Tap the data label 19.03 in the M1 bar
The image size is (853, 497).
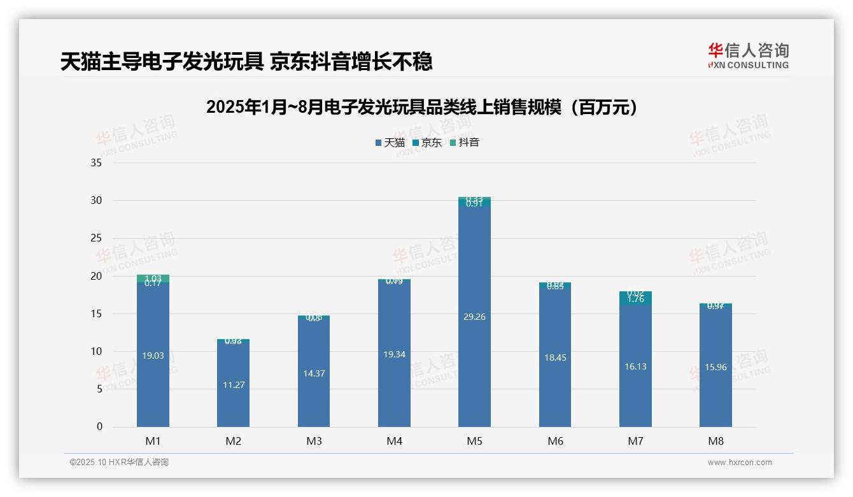point(153,356)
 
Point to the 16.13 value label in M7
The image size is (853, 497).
point(635,366)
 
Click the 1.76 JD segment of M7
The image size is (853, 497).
point(635,299)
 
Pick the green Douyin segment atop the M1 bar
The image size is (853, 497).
point(153,278)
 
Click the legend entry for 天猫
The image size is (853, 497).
point(390,143)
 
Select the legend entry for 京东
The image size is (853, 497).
point(427,143)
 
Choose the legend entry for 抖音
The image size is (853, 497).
point(464,143)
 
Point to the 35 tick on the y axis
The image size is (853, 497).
point(96,162)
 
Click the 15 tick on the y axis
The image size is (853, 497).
point(96,313)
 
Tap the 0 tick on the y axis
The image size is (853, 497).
point(99,427)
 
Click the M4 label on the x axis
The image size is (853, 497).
point(394,441)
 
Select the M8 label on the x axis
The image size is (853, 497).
point(716,441)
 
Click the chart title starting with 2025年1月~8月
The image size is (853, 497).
point(421,107)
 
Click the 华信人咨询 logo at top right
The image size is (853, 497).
point(748,55)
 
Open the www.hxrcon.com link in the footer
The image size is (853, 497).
point(740,463)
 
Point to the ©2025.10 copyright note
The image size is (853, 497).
point(119,463)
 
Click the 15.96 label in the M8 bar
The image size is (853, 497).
point(716,367)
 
